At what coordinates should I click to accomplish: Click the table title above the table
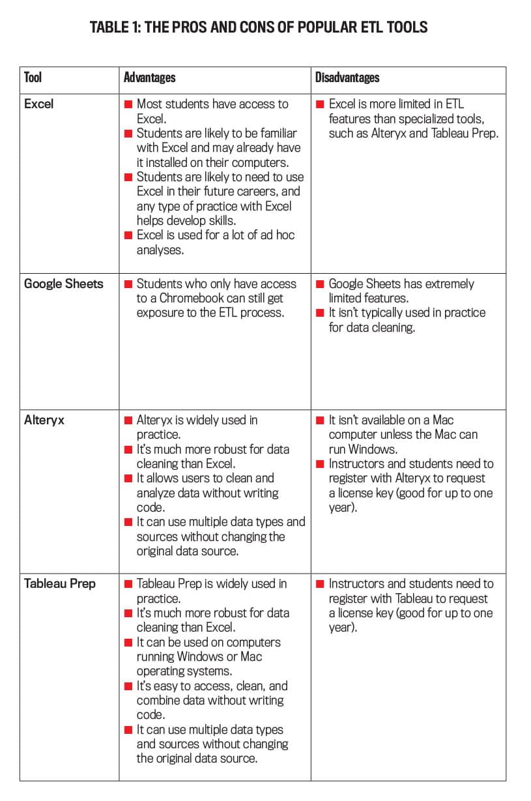click(259, 27)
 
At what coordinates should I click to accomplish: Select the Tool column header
click(33, 78)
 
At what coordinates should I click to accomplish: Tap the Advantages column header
click(149, 78)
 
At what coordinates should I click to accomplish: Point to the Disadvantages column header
click(347, 78)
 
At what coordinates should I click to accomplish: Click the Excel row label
click(38, 104)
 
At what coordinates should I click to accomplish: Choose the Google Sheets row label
click(63, 284)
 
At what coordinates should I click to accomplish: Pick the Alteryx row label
click(44, 420)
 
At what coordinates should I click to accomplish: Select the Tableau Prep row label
click(59, 583)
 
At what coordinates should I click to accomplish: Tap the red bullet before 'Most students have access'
click(128, 104)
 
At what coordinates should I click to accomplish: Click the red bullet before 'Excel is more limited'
click(321, 104)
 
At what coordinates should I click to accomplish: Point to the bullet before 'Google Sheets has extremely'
click(321, 284)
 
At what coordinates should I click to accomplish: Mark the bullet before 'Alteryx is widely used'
click(128, 420)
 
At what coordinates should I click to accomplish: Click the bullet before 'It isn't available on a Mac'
click(321, 420)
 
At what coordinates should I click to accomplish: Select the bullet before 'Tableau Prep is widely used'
click(128, 583)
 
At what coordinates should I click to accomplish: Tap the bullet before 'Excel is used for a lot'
click(128, 235)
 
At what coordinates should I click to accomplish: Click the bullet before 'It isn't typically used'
click(321, 313)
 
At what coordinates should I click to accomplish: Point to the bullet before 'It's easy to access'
click(128, 686)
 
